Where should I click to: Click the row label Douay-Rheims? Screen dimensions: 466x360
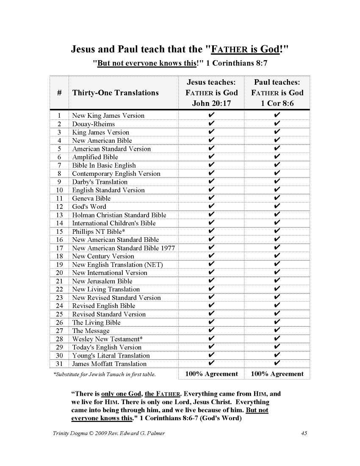click(93, 124)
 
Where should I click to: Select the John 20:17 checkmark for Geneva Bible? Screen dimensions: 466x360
click(211, 198)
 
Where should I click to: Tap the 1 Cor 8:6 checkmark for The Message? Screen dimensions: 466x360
click(277, 330)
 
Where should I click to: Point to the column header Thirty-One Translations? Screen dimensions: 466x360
click(116, 93)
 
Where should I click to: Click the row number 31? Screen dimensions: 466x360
click(59, 364)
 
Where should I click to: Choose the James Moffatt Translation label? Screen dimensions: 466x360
click(109, 364)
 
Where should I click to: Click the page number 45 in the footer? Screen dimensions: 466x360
click(303, 433)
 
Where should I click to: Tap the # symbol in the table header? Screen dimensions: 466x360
click(59, 93)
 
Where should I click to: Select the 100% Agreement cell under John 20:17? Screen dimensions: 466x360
click(212, 374)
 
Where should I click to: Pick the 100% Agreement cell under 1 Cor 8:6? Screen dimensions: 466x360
click(277, 374)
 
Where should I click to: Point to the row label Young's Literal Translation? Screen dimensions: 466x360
click(111, 355)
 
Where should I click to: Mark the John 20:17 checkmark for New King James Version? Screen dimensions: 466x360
click(211, 116)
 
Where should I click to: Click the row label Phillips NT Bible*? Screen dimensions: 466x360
click(98, 231)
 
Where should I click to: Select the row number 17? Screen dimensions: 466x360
click(59, 248)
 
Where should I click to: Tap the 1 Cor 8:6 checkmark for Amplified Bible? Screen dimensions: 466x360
click(277, 157)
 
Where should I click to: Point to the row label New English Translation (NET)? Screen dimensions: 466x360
click(117, 264)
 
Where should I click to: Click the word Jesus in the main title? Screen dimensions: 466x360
click(83, 49)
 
